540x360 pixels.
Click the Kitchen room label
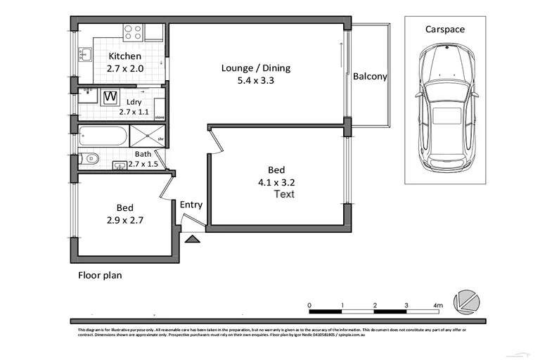[124, 56]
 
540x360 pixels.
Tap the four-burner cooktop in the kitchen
[133, 32]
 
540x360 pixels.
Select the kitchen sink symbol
[85, 54]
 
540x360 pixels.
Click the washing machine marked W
[110, 97]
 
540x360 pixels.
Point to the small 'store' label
[160, 117]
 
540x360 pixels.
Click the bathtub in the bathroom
[103, 135]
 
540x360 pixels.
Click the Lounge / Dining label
[255, 68]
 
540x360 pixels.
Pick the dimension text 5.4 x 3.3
[255, 80]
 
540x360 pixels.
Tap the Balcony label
[370, 77]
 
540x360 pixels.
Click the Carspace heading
[444, 30]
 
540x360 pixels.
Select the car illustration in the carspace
[445, 108]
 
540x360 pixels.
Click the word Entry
[191, 205]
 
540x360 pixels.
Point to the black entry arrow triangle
[191, 239]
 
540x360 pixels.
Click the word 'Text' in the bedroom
[283, 194]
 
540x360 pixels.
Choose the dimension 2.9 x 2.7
[124, 220]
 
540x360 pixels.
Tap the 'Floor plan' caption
[99, 276]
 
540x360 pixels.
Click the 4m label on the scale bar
[438, 305]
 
